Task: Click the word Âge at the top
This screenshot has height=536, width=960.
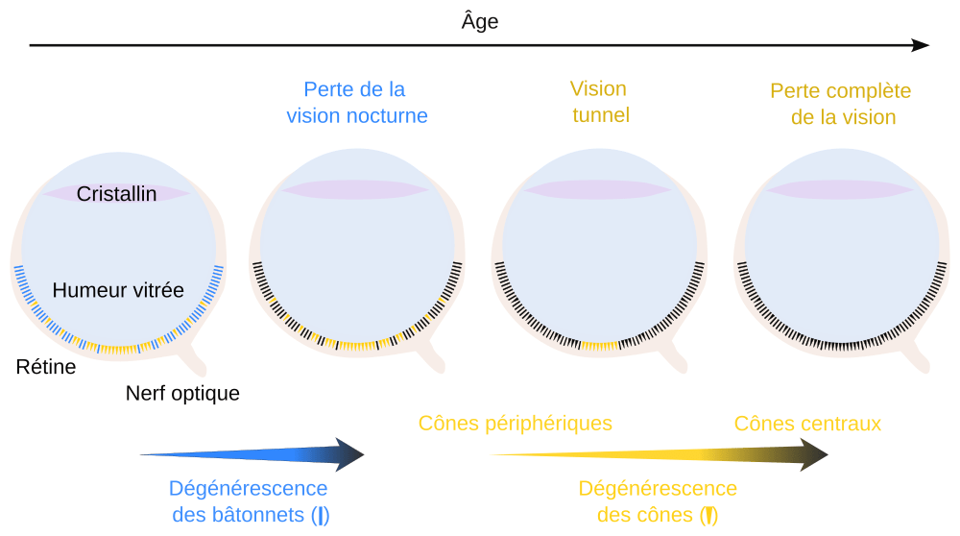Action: (480, 21)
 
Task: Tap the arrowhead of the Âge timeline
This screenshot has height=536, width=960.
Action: (921, 45)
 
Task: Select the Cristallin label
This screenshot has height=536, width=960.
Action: (117, 194)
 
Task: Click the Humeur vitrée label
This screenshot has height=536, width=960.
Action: (118, 289)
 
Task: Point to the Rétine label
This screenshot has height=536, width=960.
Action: (46, 366)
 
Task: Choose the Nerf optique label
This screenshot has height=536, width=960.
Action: (182, 393)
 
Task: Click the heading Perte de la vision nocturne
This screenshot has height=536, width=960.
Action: (356, 103)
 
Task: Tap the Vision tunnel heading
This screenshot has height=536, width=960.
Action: (599, 103)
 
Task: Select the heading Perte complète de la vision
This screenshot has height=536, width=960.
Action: (841, 104)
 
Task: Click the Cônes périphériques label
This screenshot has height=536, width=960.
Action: (516, 424)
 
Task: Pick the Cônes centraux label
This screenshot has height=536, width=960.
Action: (807, 424)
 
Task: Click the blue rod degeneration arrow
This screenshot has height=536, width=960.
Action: (259, 453)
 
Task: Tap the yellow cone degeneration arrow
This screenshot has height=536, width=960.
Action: (662, 454)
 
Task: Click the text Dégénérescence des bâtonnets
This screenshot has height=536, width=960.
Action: (248, 501)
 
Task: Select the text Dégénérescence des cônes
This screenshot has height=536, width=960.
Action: (658, 501)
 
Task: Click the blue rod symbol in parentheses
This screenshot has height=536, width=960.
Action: (321, 516)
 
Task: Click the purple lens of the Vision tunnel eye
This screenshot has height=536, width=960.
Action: (599, 189)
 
